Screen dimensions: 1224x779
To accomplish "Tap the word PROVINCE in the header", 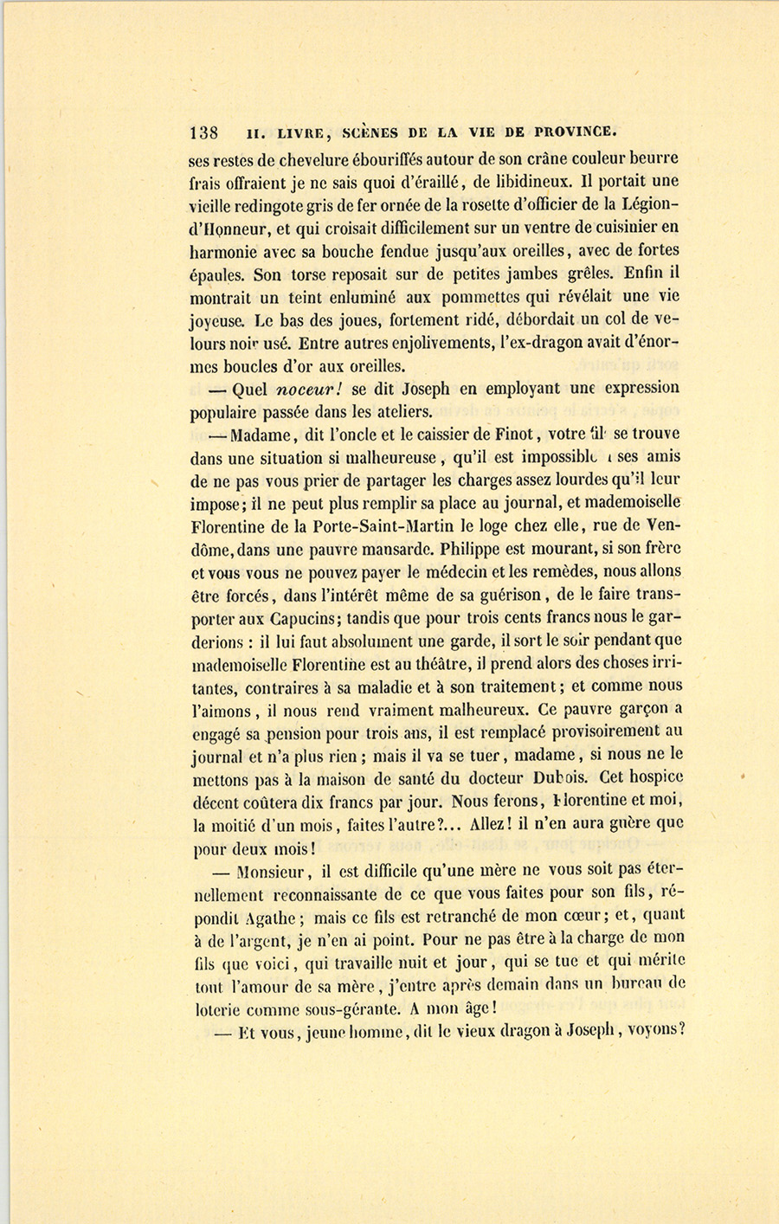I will [x=575, y=132].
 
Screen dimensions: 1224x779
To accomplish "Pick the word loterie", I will [x=216, y=1008].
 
